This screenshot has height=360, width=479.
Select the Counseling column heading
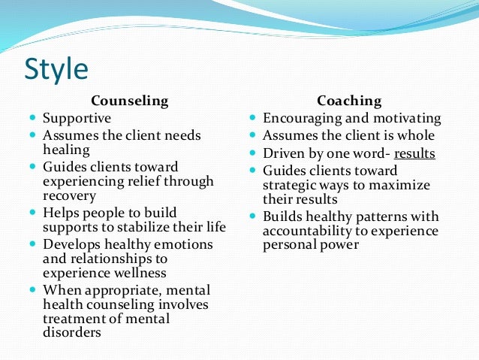129,100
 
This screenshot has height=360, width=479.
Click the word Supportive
77,118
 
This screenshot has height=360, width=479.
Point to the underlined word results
414,154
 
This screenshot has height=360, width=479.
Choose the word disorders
72,332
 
